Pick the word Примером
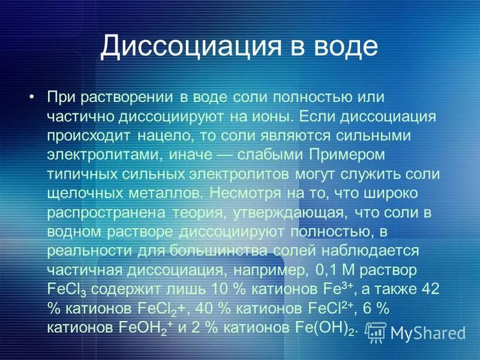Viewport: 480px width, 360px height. pyautogui.click(x=350, y=155)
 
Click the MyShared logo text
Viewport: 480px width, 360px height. pyautogui.click(x=427, y=332)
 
